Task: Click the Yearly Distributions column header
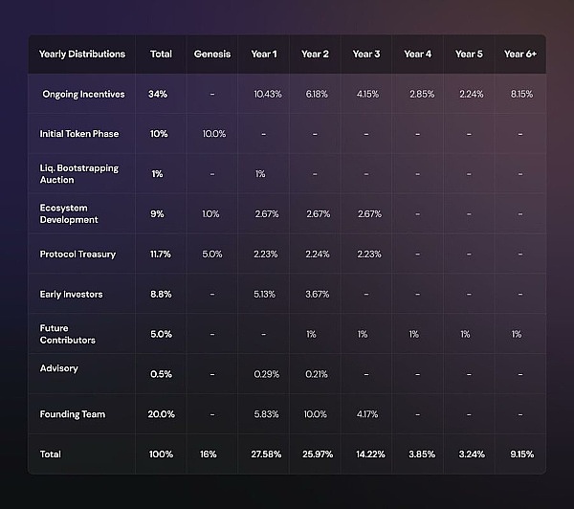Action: point(81,54)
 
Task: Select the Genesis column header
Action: point(211,54)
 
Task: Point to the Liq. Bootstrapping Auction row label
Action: point(79,173)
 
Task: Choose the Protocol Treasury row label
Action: point(77,254)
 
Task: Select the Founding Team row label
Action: point(72,414)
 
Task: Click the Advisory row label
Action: point(59,368)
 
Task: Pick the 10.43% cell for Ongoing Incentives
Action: point(269,94)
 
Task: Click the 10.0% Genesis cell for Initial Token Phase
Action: point(213,133)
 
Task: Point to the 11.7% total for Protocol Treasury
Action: point(160,254)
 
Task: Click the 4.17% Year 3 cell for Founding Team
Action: point(366,414)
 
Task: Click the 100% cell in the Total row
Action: point(160,454)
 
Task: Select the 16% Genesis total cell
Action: point(212,454)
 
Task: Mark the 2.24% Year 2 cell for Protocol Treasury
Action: point(317,254)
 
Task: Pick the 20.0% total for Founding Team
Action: point(160,414)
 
